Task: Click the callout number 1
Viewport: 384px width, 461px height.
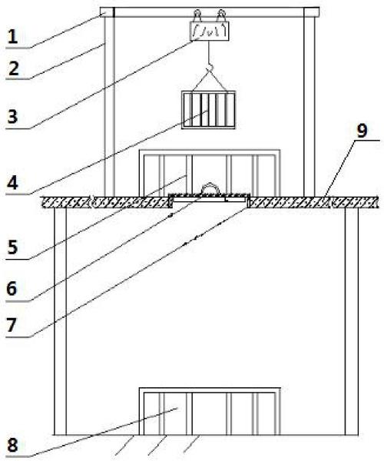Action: point(12,37)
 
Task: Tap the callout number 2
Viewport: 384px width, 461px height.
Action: point(13,68)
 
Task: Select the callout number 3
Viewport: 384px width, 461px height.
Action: point(12,117)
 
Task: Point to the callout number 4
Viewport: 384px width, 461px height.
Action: point(12,183)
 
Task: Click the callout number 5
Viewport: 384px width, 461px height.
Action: point(12,247)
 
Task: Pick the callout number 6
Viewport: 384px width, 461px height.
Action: point(12,289)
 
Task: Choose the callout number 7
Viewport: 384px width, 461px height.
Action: point(12,325)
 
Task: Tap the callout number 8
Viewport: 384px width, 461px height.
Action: point(12,445)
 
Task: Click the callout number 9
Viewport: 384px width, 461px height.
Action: point(362,131)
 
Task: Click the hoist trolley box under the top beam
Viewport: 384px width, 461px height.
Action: point(210,31)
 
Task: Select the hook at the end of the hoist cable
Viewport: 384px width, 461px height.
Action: point(209,68)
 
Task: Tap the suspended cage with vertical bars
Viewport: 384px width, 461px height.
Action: point(209,110)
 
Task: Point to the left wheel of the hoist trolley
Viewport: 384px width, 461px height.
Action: point(197,15)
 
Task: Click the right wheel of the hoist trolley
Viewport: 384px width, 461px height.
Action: point(221,15)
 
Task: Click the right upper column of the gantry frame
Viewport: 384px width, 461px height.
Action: point(309,107)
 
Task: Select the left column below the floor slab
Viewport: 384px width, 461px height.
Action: point(60,321)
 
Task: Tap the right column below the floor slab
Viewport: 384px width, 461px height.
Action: point(352,321)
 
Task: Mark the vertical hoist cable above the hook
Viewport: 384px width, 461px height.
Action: point(209,52)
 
